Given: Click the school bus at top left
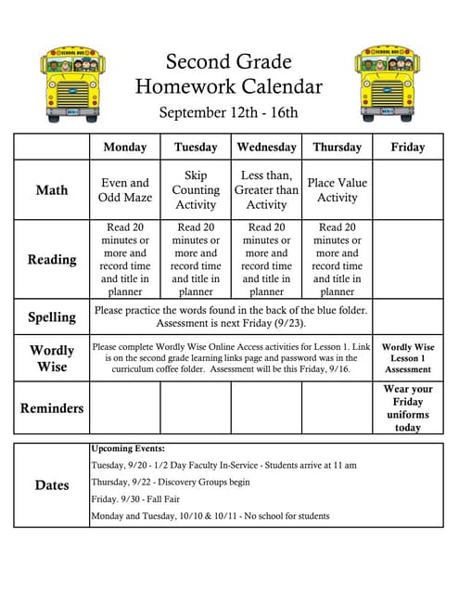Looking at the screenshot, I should pos(72,84).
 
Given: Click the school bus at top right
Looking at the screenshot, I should pos(386,84).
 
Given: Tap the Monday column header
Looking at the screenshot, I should pos(124,148).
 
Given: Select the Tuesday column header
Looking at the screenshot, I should pos(196,148).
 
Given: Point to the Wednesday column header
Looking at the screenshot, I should pos(266,148).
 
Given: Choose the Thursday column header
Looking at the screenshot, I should pos(337,148).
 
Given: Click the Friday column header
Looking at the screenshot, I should pos(408,148).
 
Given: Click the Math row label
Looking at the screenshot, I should pos(52,190).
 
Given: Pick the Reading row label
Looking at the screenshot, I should pos(52,260).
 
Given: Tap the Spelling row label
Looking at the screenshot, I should pos(52,316).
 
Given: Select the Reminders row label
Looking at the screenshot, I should pos(52,408).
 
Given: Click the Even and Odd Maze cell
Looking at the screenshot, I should pos(124,190).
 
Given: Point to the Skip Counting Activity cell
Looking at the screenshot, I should pos(196,190).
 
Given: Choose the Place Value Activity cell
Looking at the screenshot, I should pos(337,190).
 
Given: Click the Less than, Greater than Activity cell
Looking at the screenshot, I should pos(266,190).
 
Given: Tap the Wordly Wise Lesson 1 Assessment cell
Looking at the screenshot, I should pos(408,358).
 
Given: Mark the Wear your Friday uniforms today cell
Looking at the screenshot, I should pos(408,408).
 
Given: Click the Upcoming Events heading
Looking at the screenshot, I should pos(127,448).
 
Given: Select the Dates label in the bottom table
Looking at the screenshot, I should pos(52,485).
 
